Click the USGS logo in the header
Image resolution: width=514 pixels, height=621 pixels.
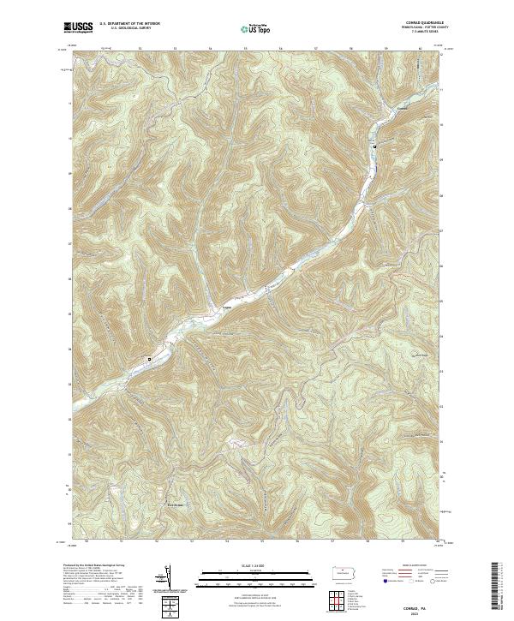click(x=77, y=28)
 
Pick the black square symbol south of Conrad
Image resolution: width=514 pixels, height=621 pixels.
click(x=374, y=147)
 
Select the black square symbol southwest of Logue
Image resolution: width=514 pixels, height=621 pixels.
click(x=149, y=359)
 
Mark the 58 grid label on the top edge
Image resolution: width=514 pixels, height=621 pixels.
click(x=351, y=49)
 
